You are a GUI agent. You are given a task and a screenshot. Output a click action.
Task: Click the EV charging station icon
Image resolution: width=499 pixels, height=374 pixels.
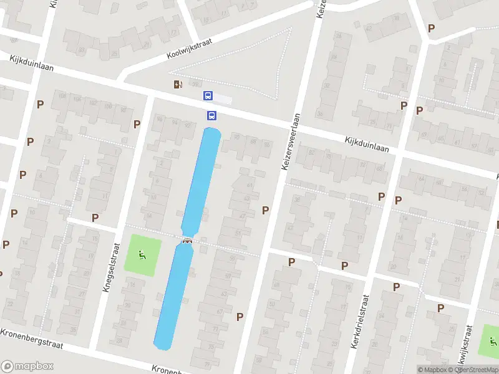pyautogui.click(x=178, y=85)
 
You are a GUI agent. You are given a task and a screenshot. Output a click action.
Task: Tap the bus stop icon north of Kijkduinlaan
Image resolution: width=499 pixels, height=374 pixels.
pyautogui.click(x=208, y=96)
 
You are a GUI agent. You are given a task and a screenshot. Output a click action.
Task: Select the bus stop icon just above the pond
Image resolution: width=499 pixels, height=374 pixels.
pyautogui.click(x=211, y=115)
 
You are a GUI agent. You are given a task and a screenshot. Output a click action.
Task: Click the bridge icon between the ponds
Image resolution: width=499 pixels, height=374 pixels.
pyautogui.click(x=187, y=241)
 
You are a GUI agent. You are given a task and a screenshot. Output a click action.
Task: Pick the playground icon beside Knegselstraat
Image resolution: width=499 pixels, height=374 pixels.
pyautogui.click(x=142, y=254)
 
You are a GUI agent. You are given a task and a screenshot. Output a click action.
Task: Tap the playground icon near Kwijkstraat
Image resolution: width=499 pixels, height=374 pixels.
pyautogui.click(x=493, y=342)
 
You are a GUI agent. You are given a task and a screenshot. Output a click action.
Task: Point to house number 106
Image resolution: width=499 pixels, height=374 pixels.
pyautogui.click(x=62, y=95)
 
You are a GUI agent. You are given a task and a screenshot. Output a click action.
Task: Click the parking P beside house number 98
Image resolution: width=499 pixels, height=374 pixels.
pyautogui.click(x=137, y=124)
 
